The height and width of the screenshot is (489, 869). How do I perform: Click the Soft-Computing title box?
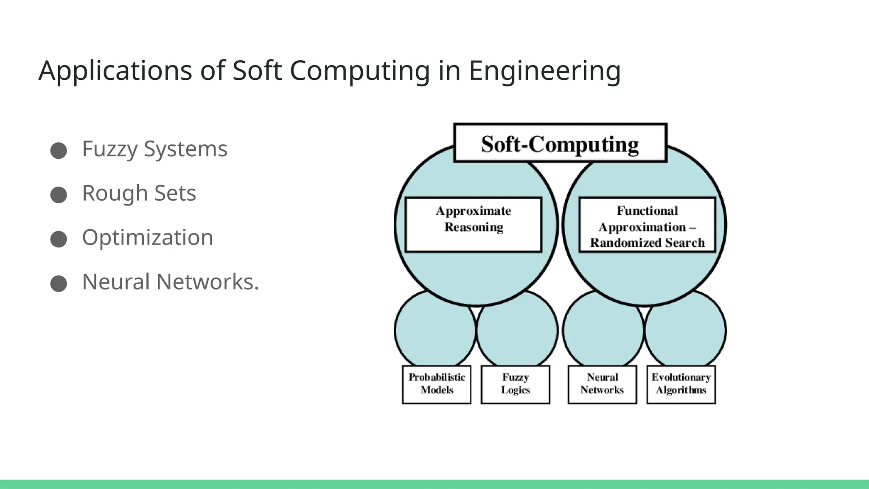click(x=560, y=143)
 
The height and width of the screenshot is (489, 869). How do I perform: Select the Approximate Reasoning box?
click(x=474, y=225)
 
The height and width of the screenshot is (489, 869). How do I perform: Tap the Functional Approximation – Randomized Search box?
click(x=647, y=225)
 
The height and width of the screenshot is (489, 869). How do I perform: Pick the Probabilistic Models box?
click(x=437, y=384)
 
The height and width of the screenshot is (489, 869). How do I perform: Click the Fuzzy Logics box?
click(x=515, y=384)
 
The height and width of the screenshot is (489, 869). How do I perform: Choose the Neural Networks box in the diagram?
click(x=602, y=384)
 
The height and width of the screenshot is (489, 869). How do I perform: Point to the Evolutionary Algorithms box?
click(x=681, y=384)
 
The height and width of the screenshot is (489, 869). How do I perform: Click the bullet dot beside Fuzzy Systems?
click(x=59, y=151)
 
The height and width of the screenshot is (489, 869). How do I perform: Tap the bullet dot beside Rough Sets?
click(x=59, y=195)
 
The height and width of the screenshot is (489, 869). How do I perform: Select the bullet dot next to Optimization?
click(x=59, y=239)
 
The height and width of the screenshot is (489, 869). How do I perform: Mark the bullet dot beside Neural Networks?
click(x=59, y=283)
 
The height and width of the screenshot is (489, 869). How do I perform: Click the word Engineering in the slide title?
click(x=544, y=70)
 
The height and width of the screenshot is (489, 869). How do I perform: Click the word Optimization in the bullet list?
click(x=148, y=237)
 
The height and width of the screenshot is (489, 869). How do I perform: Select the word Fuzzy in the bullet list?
click(x=109, y=149)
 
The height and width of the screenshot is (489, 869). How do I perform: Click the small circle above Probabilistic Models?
click(x=434, y=333)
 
